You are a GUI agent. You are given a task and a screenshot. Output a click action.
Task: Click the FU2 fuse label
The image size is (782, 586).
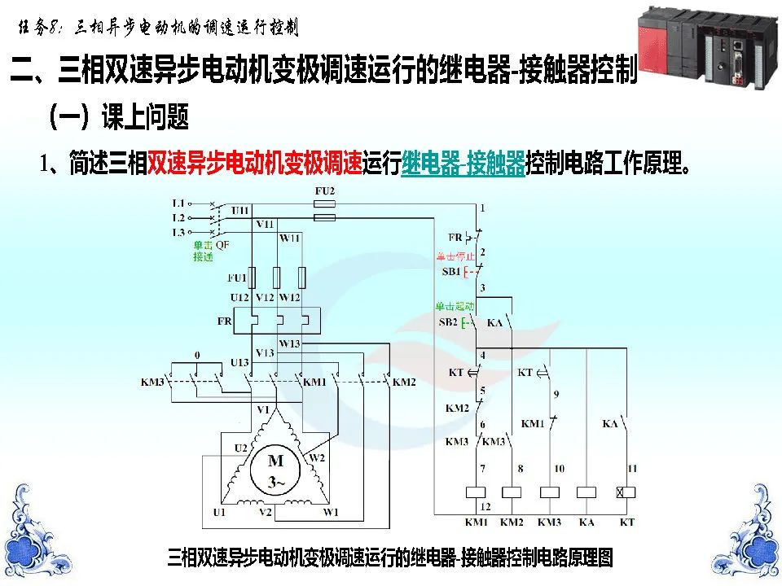coord(324,191)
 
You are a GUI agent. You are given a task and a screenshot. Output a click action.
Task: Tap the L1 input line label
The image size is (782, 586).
coord(178,202)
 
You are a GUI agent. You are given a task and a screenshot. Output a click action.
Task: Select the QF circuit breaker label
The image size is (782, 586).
coord(222,243)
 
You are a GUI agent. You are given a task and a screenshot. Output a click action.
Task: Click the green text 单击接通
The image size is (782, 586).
coord(203,251)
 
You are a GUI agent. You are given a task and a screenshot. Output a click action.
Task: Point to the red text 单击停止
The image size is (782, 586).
coord(455,256)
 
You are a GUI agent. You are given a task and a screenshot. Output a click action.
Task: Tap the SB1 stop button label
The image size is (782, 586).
coord(450,271)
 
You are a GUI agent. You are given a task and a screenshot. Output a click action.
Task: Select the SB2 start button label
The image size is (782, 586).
coord(448,322)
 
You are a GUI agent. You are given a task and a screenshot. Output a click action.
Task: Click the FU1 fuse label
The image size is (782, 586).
coord(237,278)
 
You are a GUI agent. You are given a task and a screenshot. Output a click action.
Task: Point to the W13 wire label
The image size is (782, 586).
coord(289,343)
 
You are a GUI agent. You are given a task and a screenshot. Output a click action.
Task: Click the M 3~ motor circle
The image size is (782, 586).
coord(277,471)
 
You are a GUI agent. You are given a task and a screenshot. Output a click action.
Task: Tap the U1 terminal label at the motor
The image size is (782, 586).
coord(219,513)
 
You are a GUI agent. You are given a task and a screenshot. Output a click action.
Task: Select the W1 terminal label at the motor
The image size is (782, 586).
coord(330,513)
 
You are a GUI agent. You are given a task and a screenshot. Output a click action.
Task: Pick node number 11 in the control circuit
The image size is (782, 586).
coord(632,468)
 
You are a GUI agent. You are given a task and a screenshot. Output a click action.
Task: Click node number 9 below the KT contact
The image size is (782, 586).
coord(556,395)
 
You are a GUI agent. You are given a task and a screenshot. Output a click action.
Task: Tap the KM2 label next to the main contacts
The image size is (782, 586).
coord(404,382)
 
